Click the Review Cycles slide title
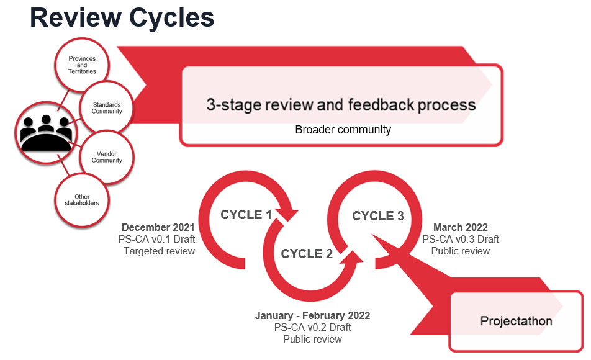(x=122, y=18)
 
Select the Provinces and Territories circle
(x=82, y=65)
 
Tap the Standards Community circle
(x=107, y=108)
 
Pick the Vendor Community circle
(x=107, y=157)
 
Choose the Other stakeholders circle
(x=82, y=200)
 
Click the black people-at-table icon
(x=46, y=133)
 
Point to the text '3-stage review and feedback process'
(x=341, y=105)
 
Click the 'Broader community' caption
(x=343, y=130)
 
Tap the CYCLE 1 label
(x=246, y=215)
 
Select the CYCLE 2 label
(x=307, y=254)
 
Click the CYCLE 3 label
(x=378, y=216)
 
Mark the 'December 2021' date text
(x=158, y=227)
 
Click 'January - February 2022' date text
(x=312, y=315)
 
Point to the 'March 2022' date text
(x=461, y=227)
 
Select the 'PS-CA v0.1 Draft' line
(x=157, y=239)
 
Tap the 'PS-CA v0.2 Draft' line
(x=312, y=327)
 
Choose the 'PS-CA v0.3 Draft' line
(x=461, y=239)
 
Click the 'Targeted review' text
(x=159, y=251)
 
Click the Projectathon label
(x=516, y=321)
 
